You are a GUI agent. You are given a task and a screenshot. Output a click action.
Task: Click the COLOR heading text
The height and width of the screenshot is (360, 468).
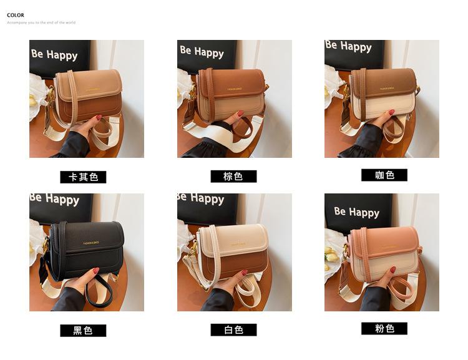(x=16, y=15)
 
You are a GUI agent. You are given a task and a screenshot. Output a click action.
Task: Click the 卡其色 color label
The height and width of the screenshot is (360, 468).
(x=83, y=177)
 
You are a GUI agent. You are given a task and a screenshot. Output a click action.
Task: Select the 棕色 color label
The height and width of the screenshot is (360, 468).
(x=233, y=177)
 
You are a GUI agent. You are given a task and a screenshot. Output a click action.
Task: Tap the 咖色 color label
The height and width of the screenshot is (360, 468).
(x=384, y=175)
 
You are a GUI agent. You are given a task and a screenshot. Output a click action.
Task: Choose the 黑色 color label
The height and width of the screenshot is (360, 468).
(x=83, y=331)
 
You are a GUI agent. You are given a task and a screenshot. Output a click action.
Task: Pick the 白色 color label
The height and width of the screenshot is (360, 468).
(x=233, y=330)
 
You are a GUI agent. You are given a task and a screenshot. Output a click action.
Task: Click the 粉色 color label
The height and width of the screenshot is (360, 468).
(x=384, y=329)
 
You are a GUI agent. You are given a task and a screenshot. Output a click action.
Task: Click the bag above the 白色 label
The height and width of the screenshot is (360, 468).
(x=234, y=250)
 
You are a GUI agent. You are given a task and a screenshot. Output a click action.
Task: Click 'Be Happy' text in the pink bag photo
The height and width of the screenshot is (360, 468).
(x=356, y=212)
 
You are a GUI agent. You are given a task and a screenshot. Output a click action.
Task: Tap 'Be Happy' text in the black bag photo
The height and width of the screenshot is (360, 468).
(x=55, y=199)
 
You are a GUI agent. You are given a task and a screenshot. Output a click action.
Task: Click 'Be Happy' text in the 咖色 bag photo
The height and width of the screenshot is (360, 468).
(x=348, y=46)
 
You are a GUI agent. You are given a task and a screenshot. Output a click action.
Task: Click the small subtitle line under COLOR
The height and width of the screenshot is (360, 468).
(x=41, y=22)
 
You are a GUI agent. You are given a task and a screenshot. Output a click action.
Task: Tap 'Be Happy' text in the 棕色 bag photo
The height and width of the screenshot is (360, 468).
(x=202, y=51)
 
